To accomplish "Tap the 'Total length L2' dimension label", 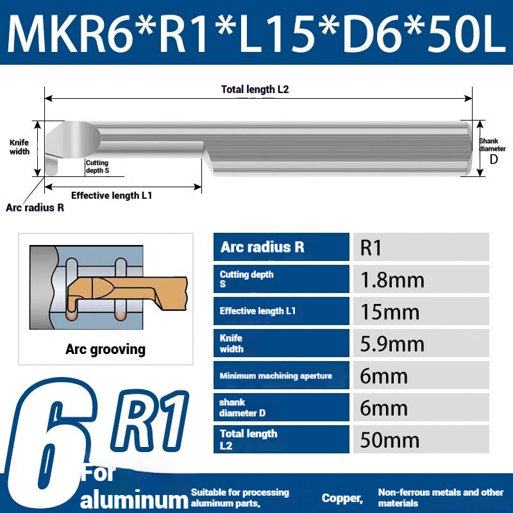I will point(255,90).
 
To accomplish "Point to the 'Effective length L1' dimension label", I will point(112,196).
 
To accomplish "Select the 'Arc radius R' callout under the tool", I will point(35,208).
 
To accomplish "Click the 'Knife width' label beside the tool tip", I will point(19,147).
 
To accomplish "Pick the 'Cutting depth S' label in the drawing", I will point(97,167).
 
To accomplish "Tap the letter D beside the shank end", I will point(494,159).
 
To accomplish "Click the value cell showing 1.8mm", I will point(421,280).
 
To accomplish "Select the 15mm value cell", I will point(421,312).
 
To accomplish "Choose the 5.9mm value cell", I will point(421,344).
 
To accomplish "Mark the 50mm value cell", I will point(421,440).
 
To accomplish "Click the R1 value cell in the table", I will point(421,248).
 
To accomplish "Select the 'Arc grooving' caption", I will point(105,349).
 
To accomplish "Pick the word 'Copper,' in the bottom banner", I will point(342,498).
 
